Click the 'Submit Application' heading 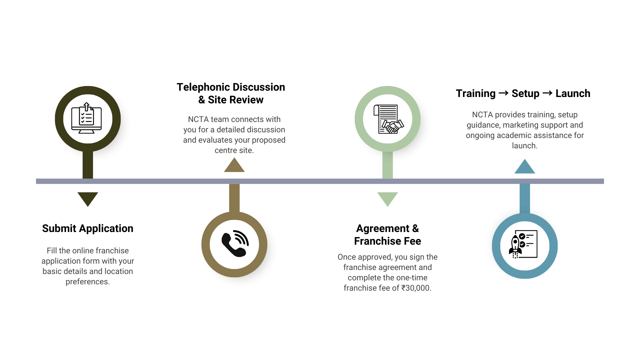[88, 229]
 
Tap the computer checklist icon [87, 119]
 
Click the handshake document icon [388, 119]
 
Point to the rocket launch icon [524, 246]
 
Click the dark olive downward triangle [88, 198]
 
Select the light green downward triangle [387, 198]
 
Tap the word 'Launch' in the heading [573, 94]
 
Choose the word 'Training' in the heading [476, 94]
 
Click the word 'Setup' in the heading [525, 94]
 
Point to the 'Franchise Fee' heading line [387, 241]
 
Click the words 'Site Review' [235, 100]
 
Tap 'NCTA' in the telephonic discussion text [198, 119]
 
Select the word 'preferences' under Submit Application [87, 282]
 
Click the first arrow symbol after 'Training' [503, 93]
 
